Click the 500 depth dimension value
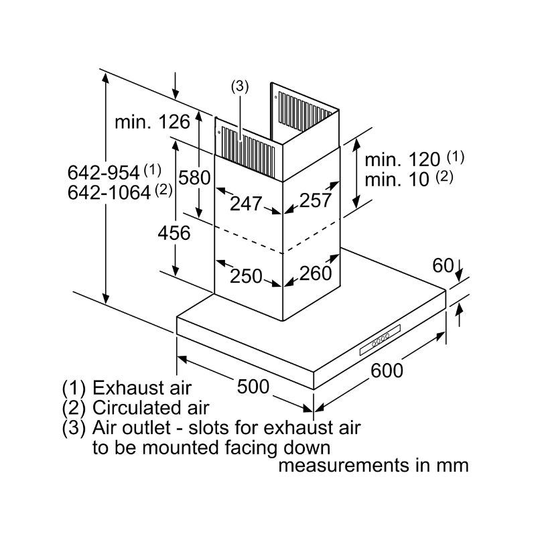click(x=253, y=387)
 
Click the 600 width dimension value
click(x=387, y=371)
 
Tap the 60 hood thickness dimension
click(x=443, y=265)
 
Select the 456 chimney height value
click(x=174, y=233)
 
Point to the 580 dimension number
click(x=194, y=178)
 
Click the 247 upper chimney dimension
click(x=246, y=204)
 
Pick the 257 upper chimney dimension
click(x=316, y=200)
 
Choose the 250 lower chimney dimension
click(x=246, y=276)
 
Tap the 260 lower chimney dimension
click(x=316, y=273)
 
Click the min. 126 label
click(x=152, y=122)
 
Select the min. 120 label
click(x=403, y=159)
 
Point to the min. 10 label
click(x=397, y=180)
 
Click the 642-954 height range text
click(x=104, y=173)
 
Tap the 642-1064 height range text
click(x=109, y=192)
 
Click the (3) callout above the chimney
click(x=240, y=86)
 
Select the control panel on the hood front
click(x=380, y=340)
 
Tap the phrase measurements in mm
click(x=373, y=465)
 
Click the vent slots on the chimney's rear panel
click(x=305, y=111)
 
